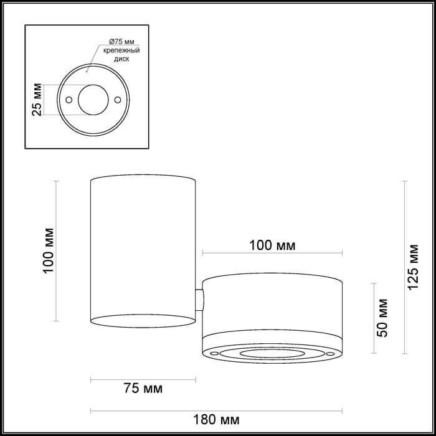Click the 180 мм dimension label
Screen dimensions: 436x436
[216, 420]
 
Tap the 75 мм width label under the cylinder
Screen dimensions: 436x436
[143, 388]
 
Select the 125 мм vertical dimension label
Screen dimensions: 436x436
[413, 267]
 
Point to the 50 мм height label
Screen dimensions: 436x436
[382, 318]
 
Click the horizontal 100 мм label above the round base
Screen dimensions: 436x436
[272, 245]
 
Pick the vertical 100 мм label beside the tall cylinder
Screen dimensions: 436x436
[49, 251]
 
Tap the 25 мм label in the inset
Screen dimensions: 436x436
[37, 100]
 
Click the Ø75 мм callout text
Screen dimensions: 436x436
[121, 42]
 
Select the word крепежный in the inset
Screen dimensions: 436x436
[121, 50]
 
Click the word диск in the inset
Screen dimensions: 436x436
[121, 59]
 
